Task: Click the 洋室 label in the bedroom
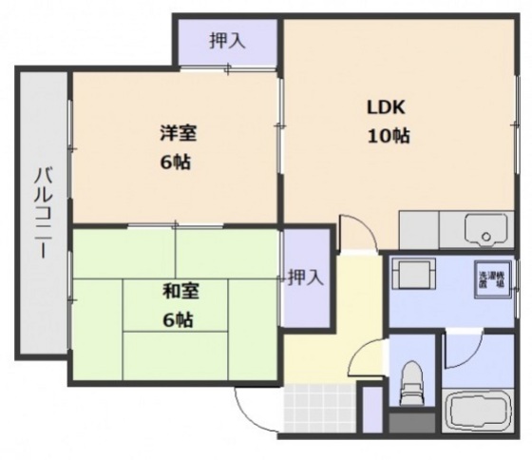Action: (x=174, y=134)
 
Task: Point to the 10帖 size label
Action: (x=389, y=136)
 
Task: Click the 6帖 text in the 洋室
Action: (x=175, y=163)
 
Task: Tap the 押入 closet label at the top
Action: (x=228, y=41)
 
